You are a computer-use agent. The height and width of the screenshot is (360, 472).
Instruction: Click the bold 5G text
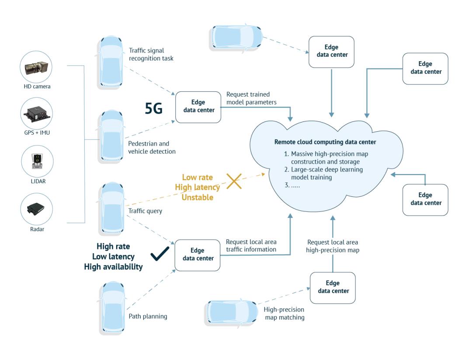[x=153, y=109]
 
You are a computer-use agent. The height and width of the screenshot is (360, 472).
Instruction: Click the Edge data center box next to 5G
[x=198, y=107]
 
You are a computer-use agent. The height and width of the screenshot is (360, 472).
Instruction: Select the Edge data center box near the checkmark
[x=198, y=255]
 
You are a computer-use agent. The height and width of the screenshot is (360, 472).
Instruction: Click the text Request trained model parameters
[x=251, y=98]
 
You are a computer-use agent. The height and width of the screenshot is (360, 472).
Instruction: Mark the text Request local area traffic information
[x=251, y=245]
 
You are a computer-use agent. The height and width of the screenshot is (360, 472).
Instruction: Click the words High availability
[x=113, y=266]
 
